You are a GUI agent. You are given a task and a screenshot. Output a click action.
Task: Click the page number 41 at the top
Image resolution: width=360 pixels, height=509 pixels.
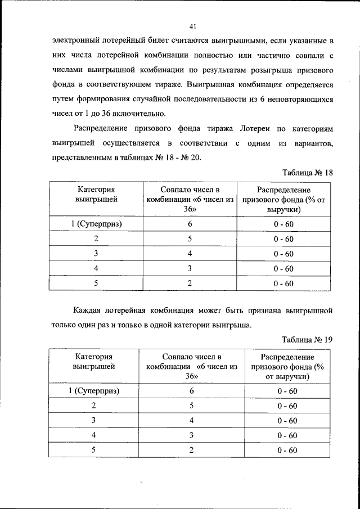(192, 26)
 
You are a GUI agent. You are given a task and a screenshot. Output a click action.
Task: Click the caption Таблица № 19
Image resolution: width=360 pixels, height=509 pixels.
(307, 339)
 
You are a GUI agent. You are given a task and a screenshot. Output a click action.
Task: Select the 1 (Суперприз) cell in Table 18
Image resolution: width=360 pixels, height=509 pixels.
(96, 224)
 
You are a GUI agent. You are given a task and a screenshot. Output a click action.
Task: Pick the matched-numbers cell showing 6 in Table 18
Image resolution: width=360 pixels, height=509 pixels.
(190, 224)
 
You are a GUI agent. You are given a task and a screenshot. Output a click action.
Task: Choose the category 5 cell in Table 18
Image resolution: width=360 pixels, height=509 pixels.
(96, 283)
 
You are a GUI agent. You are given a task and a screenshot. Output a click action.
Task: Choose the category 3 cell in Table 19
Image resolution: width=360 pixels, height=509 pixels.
(94, 420)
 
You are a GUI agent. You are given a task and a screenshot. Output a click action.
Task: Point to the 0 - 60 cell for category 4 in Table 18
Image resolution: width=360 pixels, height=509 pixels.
(283, 269)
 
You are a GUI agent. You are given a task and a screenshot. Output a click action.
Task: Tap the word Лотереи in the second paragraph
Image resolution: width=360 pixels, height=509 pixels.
(251, 129)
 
